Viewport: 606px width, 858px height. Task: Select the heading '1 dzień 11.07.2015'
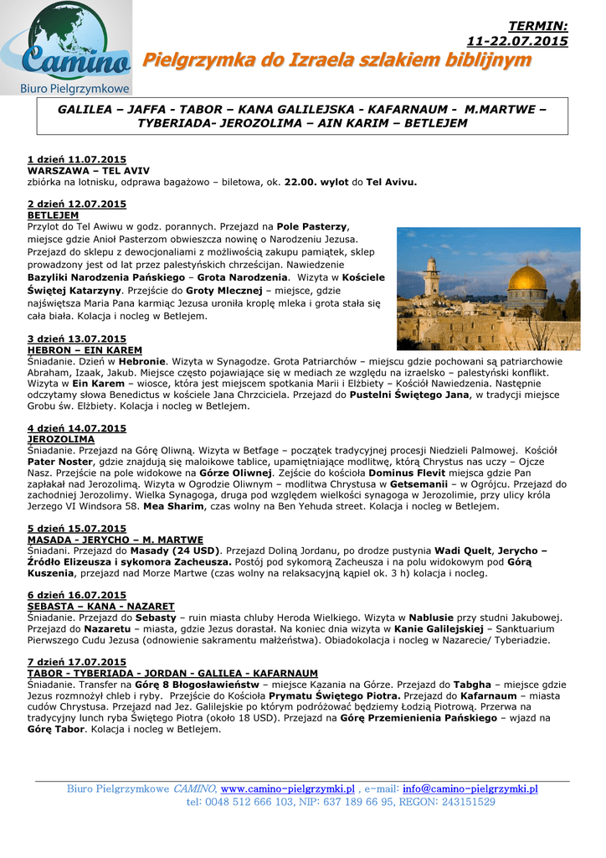(77, 158)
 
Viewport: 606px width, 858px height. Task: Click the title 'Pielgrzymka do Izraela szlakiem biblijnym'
(336, 60)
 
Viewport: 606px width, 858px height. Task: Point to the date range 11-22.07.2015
(516, 41)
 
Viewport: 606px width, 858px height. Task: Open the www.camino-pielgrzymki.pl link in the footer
(287, 789)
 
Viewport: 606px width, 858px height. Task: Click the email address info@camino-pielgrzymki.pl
(470, 789)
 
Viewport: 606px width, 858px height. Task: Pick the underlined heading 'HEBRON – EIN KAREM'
(85, 349)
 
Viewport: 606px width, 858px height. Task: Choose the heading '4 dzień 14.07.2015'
(77, 427)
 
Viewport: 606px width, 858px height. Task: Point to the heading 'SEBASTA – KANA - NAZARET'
(100, 606)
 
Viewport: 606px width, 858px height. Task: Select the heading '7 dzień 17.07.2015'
(77, 662)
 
